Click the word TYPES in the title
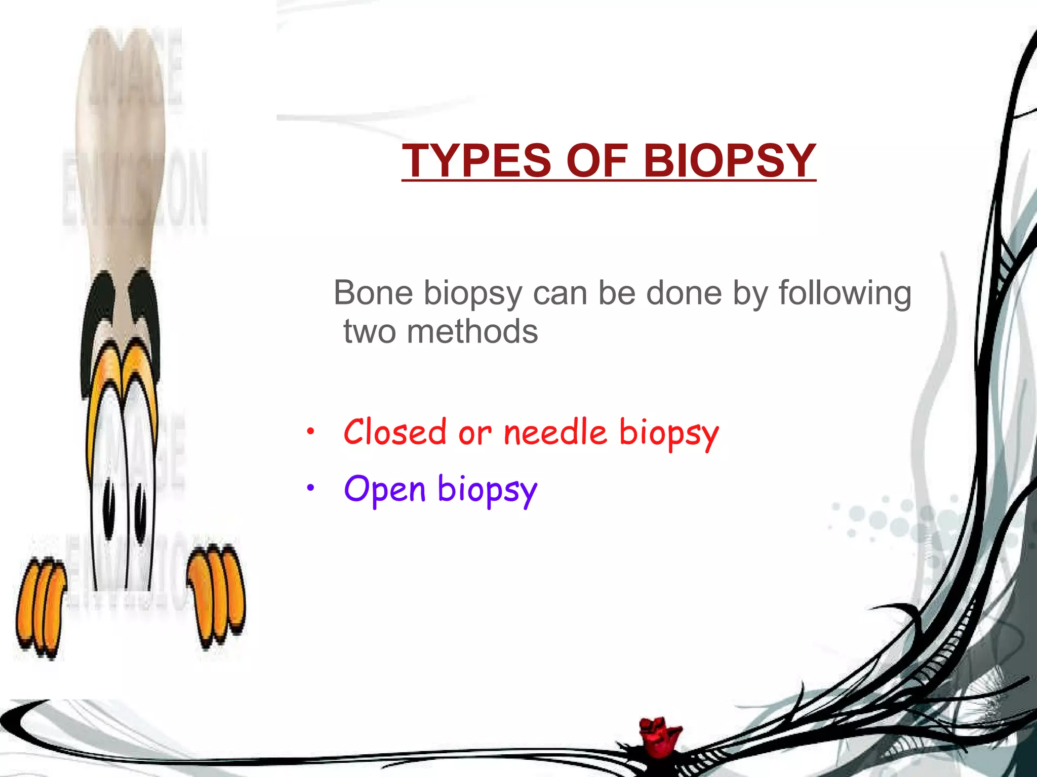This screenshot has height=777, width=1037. [x=476, y=161]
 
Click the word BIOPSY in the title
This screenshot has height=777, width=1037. [x=729, y=161]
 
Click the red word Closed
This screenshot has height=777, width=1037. [x=395, y=432]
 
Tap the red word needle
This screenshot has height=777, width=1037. [x=555, y=433]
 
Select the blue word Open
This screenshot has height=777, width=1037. [x=385, y=490]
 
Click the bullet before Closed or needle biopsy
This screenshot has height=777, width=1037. [x=310, y=431]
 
